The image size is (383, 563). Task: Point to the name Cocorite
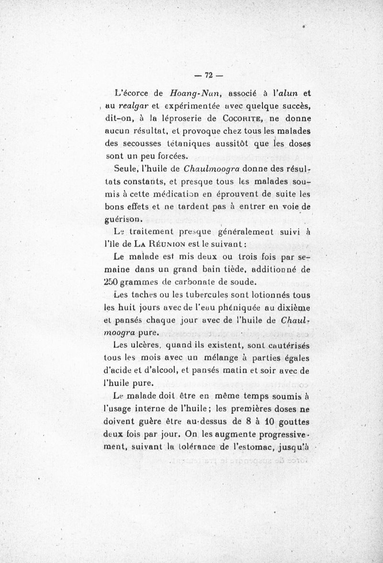242,118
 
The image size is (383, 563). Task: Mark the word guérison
123,219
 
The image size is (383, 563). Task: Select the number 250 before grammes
113,281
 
